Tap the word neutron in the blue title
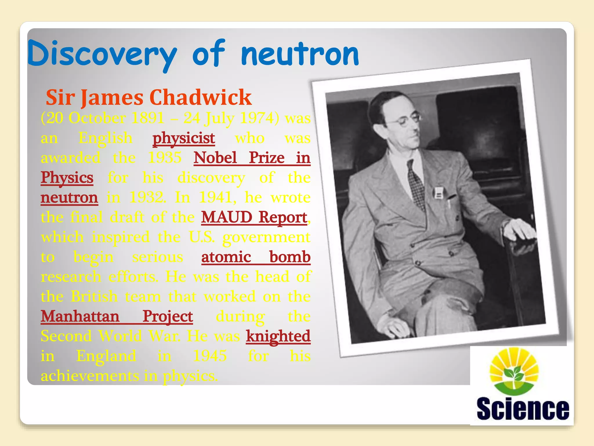coord(300,54)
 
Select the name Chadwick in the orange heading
coord(200,97)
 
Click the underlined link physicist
coord(184,138)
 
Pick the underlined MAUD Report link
coord(254,217)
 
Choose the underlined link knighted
coord(278,336)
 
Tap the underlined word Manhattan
coord(80,316)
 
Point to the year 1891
coord(147,118)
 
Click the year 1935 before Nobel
coord(164,158)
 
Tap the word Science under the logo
coord(523,409)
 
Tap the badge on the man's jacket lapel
coord(438,193)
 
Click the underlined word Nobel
coord(215,158)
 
